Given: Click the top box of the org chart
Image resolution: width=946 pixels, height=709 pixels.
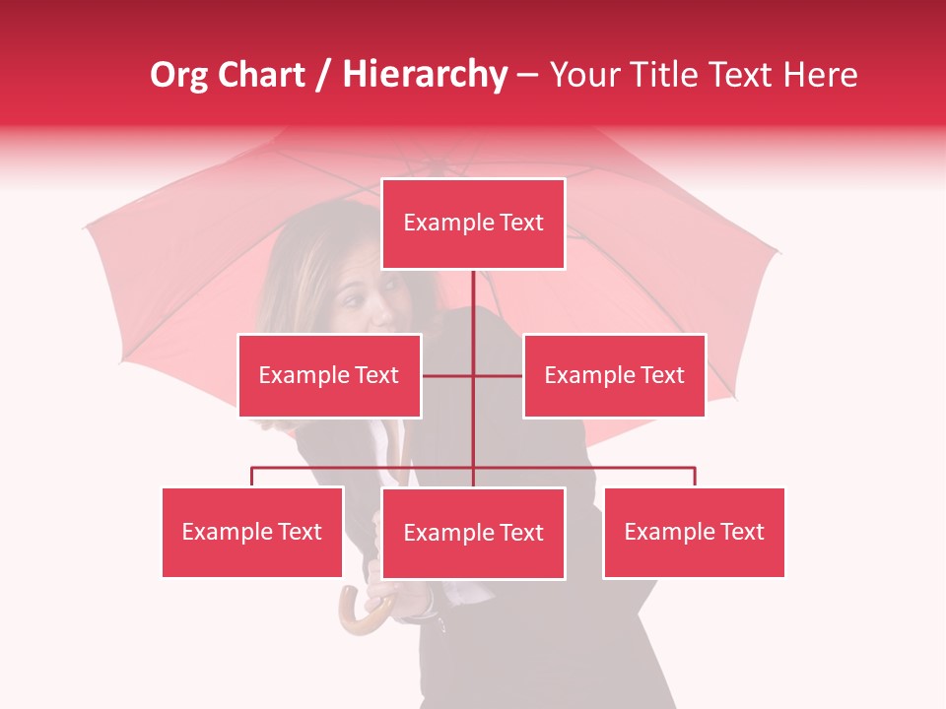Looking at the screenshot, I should coord(473,224).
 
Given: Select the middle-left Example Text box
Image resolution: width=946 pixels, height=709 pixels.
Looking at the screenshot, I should coord(329,375).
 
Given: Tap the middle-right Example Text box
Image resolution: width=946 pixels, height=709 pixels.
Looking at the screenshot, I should coord(614,375).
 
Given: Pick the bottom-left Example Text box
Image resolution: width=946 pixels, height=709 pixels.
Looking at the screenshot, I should coord(252,532).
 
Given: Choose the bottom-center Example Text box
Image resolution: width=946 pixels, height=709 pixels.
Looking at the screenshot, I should coord(473,533).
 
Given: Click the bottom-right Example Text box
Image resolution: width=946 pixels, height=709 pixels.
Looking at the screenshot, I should coord(694,532).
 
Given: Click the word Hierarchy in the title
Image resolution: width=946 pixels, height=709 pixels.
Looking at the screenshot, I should coord(425,75).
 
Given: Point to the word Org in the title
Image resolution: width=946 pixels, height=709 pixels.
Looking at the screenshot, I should coord(178,75).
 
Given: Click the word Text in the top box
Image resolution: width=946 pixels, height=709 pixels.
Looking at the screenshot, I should coord(522,223).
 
